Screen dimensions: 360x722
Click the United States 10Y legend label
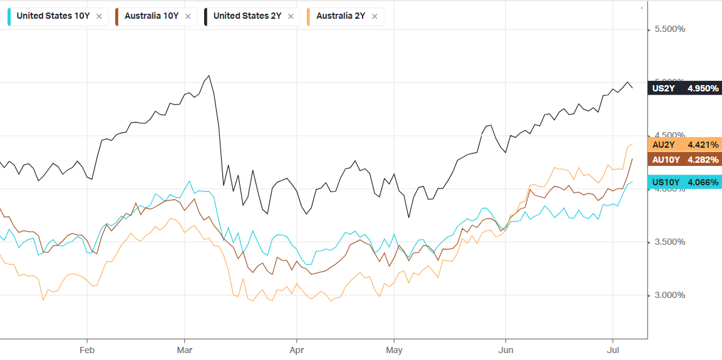pyautogui.click(x=53, y=16)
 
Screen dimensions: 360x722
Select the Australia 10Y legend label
pyautogui.click(x=152, y=16)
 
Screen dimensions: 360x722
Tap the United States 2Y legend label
pyautogui.click(x=247, y=16)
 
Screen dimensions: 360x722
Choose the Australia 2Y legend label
pyautogui.click(x=340, y=16)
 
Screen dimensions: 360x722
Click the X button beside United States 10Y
pyautogui.click(x=99, y=17)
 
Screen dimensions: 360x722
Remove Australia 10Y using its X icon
pyautogui.click(x=188, y=17)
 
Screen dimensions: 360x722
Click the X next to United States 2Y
pyautogui.click(x=291, y=17)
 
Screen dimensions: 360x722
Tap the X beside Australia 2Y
pyautogui.click(x=374, y=17)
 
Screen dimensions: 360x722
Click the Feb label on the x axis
pyautogui.click(x=87, y=349)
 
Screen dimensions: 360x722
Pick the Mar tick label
pyautogui.click(x=185, y=349)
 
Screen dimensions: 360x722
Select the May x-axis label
pyautogui.click(x=395, y=349)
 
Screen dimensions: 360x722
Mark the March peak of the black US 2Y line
pyautogui.click(x=209, y=76)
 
